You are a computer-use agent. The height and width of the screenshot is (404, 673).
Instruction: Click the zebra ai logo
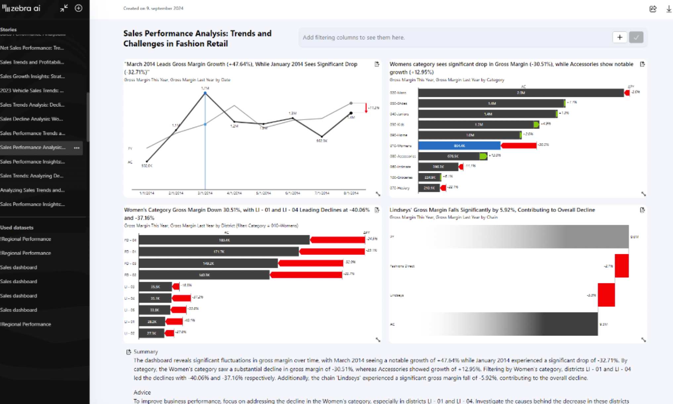click(21, 8)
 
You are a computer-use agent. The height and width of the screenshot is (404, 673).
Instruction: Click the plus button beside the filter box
click(619, 37)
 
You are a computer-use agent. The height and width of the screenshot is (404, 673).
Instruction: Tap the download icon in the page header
click(668, 9)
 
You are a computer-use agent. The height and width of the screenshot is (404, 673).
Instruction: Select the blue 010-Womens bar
click(459, 145)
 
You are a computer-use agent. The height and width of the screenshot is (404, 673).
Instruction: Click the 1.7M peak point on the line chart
click(205, 93)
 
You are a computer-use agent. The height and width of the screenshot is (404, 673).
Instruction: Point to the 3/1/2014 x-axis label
click(205, 193)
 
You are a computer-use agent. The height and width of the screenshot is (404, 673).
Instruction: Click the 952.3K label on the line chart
click(322, 141)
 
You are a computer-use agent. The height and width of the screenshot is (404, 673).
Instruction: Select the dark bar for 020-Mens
click(521, 93)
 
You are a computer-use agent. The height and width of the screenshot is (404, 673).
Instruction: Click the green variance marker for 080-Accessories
click(483, 156)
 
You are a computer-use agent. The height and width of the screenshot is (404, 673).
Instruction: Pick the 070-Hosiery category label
click(400, 188)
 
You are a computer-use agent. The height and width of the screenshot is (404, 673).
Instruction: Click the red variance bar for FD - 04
click(337, 240)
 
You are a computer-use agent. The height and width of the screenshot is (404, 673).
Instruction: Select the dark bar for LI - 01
click(152, 321)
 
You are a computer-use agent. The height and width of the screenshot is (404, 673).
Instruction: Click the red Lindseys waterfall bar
click(606, 295)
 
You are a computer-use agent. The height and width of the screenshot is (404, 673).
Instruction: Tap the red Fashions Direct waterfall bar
click(622, 266)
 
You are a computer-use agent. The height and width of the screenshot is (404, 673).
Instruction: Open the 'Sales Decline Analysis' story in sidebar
click(32, 119)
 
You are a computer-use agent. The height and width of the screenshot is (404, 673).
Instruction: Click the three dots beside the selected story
click(77, 148)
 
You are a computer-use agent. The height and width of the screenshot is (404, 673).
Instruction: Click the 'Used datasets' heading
click(17, 227)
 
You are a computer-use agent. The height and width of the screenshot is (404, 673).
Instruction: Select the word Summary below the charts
click(146, 352)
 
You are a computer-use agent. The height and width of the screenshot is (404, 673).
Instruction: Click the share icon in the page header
click(653, 9)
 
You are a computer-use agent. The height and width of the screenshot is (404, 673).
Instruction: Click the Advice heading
click(142, 392)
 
